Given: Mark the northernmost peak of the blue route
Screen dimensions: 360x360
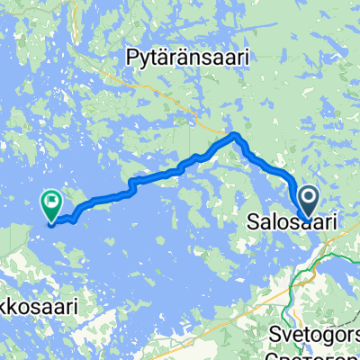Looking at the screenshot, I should tap(235, 135).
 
